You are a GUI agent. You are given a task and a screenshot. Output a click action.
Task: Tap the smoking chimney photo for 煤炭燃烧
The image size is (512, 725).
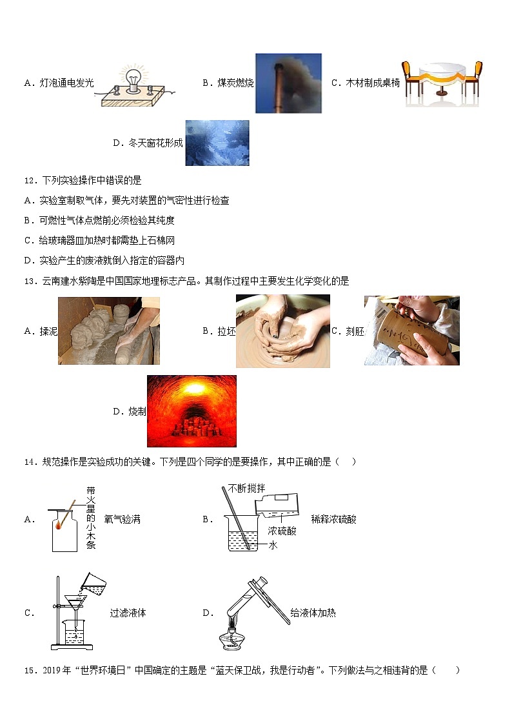[x=288, y=83]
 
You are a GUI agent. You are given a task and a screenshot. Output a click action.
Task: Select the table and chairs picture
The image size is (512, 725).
[x=442, y=83]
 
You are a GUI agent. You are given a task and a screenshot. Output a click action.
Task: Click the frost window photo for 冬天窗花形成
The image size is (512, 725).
[x=217, y=143]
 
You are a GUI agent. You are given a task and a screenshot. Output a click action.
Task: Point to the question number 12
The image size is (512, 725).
[x=30, y=181]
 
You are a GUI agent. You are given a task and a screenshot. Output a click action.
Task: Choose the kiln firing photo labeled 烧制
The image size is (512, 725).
[x=192, y=411]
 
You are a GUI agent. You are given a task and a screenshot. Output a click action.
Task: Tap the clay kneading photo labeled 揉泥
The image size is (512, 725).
[x=108, y=331]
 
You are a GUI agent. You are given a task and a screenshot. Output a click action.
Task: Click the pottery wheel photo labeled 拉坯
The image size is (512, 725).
[x=282, y=331]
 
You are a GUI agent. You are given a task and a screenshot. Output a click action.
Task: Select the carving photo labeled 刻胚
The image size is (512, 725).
[x=411, y=331]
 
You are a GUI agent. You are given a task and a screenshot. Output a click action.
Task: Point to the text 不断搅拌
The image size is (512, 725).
[x=246, y=489]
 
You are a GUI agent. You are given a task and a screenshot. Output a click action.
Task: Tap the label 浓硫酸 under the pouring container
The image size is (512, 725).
[x=282, y=531]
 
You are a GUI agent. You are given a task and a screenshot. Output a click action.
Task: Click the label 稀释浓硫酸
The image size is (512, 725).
[x=333, y=520]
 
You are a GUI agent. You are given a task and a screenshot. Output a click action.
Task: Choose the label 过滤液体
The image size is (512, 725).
[x=128, y=613]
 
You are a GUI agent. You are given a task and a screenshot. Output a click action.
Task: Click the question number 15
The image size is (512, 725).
[x=30, y=670]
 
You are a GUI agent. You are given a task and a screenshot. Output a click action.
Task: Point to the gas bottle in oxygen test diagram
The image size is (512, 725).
[x=64, y=533]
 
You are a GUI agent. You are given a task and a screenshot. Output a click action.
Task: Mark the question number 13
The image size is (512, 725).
[x=30, y=281]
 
